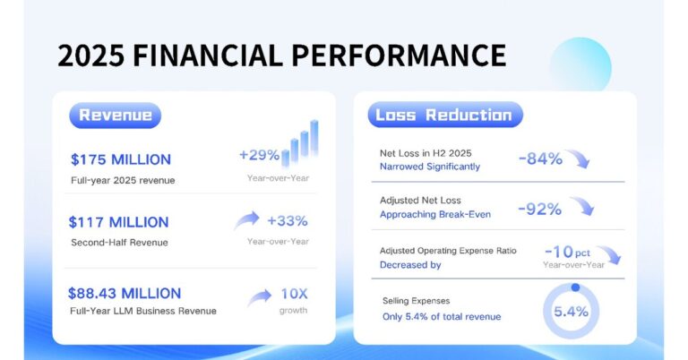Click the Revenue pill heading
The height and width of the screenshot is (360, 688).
[x=116, y=116]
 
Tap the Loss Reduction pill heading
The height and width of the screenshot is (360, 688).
[x=445, y=115]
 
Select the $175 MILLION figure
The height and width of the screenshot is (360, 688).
[x=121, y=159]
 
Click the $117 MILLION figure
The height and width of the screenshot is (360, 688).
[x=118, y=222]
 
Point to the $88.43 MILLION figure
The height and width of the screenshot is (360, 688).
[x=125, y=294]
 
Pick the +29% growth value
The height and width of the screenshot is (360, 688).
[x=259, y=155]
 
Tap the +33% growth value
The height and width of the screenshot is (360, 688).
[x=288, y=221]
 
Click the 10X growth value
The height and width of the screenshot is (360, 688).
[x=294, y=294]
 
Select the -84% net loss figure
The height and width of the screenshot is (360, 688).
[x=540, y=159]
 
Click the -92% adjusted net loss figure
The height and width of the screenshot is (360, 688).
[x=539, y=210]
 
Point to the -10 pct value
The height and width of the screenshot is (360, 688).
[x=567, y=253]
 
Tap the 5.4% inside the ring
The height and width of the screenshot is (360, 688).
[x=571, y=312]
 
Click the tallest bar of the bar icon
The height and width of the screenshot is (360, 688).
[x=314, y=138]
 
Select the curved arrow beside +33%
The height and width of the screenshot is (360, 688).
[x=246, y=219]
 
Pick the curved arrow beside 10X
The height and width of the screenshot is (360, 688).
[x=259, y=297]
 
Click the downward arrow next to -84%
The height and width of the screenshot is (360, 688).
[x=578, y=158]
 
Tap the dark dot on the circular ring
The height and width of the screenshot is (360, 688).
[x=575, y=287]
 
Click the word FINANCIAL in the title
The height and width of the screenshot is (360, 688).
[x=208, y=56]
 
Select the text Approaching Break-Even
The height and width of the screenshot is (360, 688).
[x=435, y=214]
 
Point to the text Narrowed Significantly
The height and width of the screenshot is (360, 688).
[x=430, y=167]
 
